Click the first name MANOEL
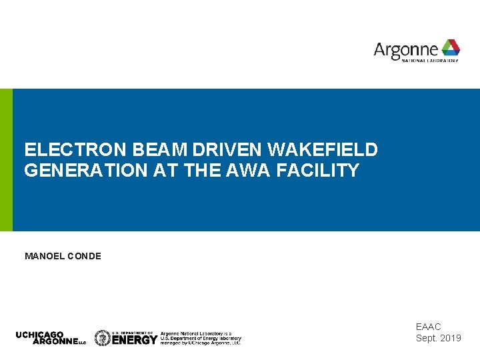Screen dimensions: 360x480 point(45,256)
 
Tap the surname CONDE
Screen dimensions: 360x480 point(85,256)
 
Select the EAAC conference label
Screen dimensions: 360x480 point(429,327)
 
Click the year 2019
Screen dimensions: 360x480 point(449,338)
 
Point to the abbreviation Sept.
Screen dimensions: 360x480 point(426,338)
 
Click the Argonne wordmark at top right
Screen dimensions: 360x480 point(406,49)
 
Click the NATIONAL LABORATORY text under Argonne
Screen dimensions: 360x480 point(430,61)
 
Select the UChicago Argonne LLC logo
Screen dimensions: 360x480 point(51,338)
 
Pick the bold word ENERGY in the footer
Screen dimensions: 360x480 point(135,340)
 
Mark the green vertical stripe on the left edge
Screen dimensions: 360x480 point(6,160)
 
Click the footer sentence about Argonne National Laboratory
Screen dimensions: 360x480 point(201,337)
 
